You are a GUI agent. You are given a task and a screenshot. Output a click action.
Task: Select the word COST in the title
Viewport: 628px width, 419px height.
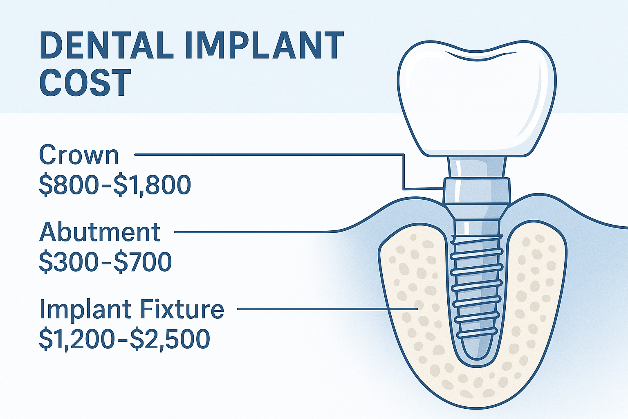pos(85,83)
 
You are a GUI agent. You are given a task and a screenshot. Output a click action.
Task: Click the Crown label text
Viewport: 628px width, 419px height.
pos(79,155)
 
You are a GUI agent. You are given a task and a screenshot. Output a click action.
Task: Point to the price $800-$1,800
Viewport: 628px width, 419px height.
pos(115,185)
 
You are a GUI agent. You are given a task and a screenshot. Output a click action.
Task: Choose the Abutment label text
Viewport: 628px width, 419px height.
pos(100,232)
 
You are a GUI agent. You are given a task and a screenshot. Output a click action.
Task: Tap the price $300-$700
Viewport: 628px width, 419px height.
pos(105,262)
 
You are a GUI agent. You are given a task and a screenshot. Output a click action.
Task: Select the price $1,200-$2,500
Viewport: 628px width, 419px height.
pos(124,339)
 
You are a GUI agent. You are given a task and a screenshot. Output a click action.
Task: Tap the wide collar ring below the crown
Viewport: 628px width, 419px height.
pos(477,190)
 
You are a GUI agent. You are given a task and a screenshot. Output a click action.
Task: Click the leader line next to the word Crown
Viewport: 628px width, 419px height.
pos(266,155)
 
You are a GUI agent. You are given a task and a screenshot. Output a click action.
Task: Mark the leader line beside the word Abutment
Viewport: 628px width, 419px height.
pos(253,232)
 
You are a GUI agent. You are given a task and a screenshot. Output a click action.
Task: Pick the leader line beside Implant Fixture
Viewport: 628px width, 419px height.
pos(327,309)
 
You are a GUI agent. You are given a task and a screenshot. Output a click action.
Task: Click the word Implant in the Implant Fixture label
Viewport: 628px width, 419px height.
pos(87,309)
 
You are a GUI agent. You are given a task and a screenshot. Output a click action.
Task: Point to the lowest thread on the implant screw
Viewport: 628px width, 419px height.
pos(476,333)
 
